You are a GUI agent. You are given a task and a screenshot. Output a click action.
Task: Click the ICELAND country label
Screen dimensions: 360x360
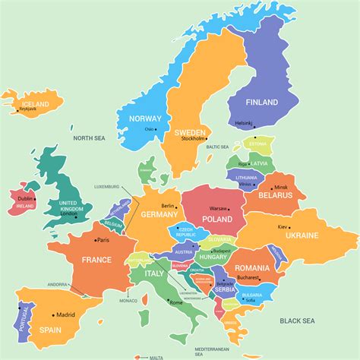[x=35, y=103]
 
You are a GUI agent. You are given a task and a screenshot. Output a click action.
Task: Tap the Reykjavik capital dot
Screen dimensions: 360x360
[x=17, y=111]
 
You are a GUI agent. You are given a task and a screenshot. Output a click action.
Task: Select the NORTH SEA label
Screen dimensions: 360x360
[x=89, y=137]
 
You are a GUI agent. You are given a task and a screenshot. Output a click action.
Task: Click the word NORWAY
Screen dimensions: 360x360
[x=146, y=118]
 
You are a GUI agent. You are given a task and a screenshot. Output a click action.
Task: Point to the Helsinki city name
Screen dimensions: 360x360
[x=243, y=123]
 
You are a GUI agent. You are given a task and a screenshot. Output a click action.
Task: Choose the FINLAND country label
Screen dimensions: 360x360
[x=261, y=102]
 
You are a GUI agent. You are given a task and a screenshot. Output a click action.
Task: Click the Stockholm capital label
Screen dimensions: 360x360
[x=193, y=138]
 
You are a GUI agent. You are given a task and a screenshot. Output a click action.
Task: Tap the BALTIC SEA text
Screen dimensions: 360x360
[x=218, y=147]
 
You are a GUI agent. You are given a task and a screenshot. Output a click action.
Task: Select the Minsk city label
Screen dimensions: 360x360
[x=281, y=187]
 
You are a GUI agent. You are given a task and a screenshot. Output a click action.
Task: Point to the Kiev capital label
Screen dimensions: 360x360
[x=283, y=226]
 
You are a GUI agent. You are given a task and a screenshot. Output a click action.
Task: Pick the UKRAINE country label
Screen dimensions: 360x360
[x=302, y=235]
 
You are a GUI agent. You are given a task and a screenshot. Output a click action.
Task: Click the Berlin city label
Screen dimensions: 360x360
[x=168, y=205]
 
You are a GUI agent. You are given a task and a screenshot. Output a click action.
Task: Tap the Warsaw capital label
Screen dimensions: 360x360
[x=218, y=207]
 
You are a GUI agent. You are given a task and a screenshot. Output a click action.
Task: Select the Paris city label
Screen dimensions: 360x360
[x=103, y=240]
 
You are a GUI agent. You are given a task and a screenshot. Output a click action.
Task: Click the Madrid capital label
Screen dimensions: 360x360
[x=65, y=314]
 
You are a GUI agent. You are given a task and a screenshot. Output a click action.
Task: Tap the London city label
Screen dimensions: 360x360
[x=69, y=213]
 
